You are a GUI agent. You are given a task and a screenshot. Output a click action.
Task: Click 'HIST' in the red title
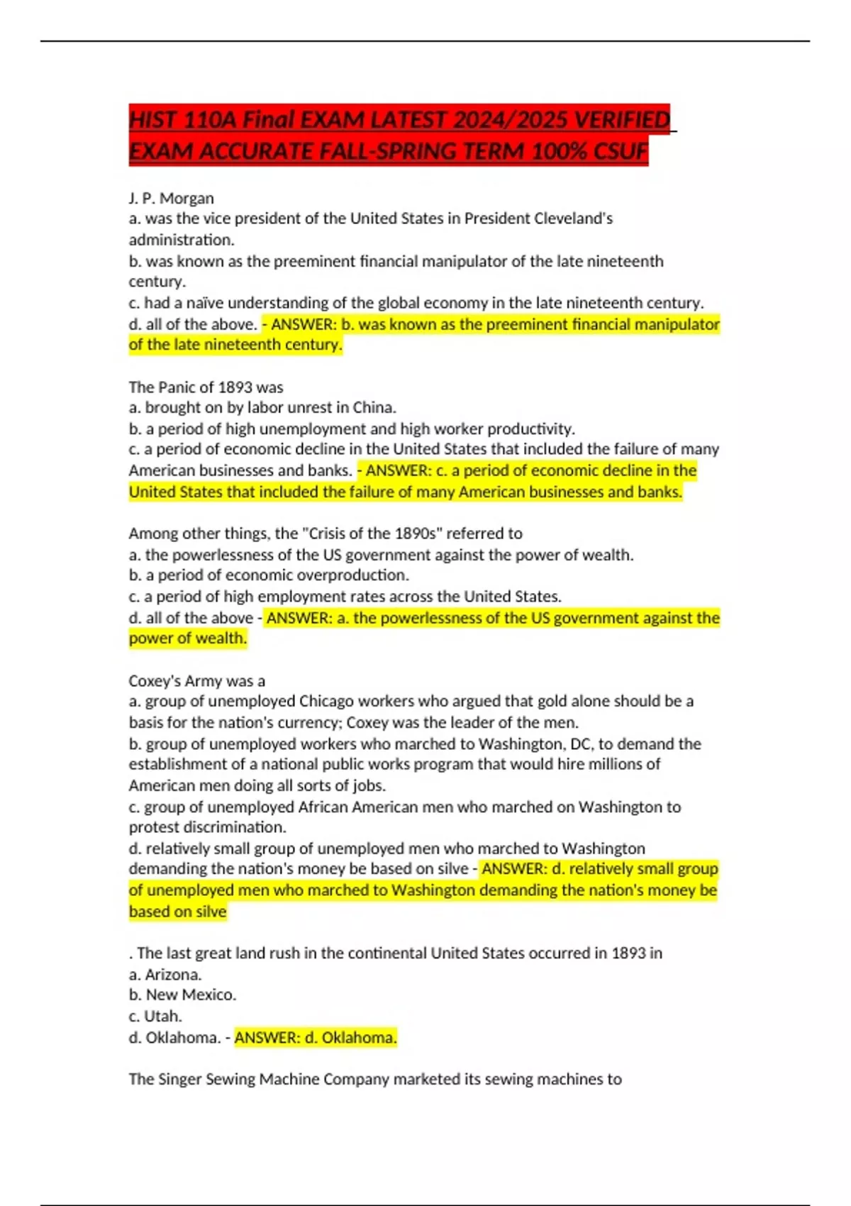(152, 120)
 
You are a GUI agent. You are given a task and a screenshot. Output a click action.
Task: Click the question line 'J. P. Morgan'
(171, 198)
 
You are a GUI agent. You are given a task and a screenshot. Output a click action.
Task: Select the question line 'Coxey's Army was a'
(196, 681)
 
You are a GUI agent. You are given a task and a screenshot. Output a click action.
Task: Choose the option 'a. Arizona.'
(165, 975)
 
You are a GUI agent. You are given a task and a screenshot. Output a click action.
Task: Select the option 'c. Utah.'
(155, 1016)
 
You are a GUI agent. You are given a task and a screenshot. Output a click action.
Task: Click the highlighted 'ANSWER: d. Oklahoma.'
(316, 1037)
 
